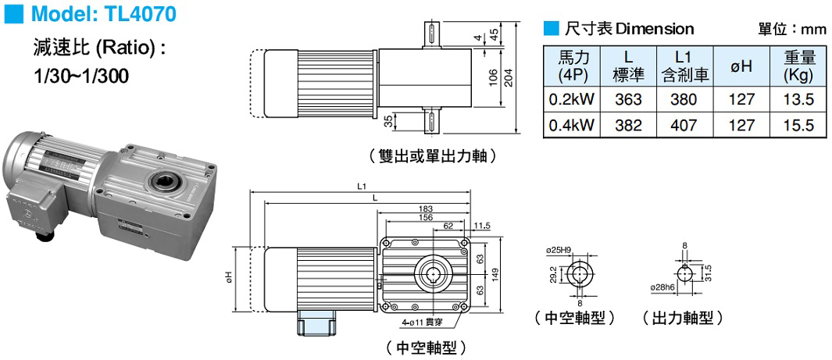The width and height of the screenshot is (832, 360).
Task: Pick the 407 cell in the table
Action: [x=684, y=125]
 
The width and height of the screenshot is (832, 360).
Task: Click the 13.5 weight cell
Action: [x=798, y=99]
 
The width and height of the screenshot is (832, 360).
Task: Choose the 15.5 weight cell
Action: [x=798, y=125]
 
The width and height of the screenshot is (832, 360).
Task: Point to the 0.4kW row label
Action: [x=570, y=125]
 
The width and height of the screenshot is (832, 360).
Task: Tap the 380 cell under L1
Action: [x=684, y=99]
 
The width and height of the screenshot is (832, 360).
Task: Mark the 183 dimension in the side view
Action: [x=426, y=209]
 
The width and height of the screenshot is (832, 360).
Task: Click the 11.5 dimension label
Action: [x=481, y=226]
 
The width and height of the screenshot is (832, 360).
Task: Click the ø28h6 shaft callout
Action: [x=663, y=287]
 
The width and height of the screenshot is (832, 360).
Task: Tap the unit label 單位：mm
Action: [x=791, y=30]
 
